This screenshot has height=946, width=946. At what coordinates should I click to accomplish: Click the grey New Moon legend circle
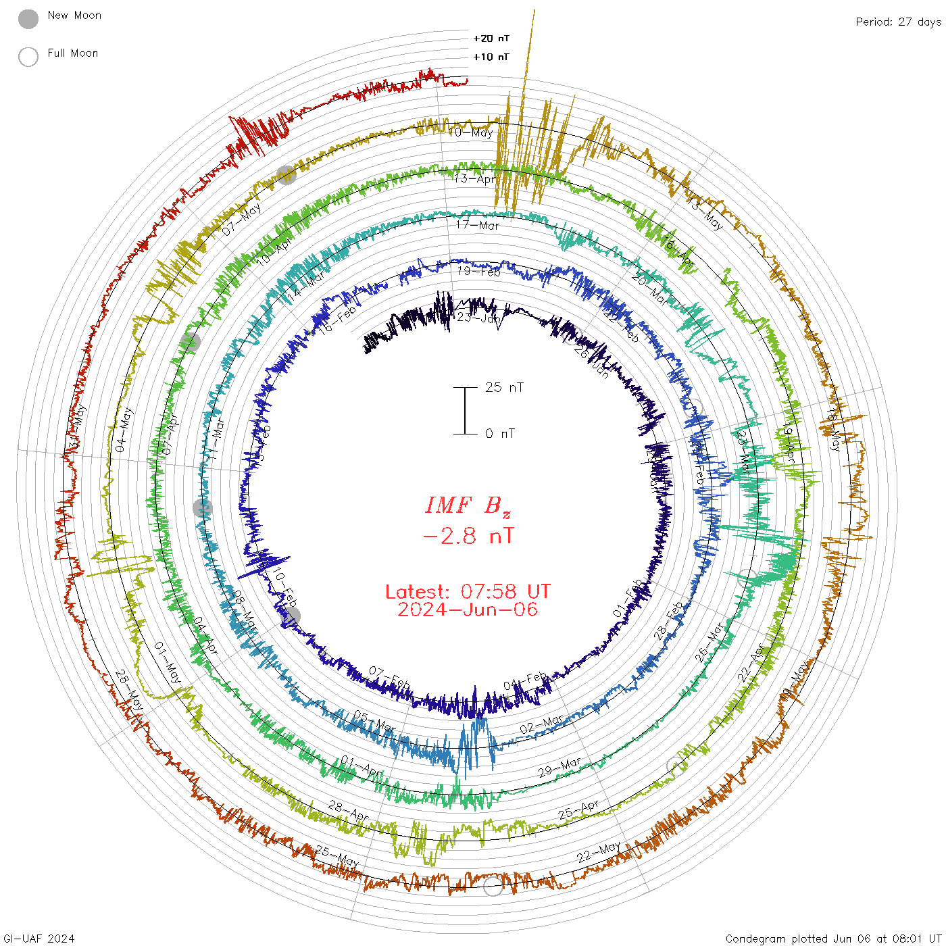(28, 20)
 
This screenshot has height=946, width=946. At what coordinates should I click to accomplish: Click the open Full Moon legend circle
(28, 57)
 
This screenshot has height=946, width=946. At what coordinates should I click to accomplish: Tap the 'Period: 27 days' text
(897, 22)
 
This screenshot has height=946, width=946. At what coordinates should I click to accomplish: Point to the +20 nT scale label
(491, 39)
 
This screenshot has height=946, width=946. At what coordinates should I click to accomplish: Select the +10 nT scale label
(491, 57)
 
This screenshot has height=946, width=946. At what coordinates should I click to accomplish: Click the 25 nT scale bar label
(504, 388)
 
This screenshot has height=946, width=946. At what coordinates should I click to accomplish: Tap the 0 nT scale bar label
(500, 434)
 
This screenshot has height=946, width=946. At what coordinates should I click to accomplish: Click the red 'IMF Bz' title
(468, 505)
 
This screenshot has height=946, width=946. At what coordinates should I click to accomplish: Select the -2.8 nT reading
(468, 537)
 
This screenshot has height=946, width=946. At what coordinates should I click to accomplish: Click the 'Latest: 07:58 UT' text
(468, 592)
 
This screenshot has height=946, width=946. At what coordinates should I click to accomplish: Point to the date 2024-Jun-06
(468, 609)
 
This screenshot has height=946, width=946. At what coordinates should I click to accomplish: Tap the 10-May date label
(471, 132)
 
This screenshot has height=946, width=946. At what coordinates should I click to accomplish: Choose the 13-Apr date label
(475, 179)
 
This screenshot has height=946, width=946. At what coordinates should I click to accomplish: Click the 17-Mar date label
(478, 225)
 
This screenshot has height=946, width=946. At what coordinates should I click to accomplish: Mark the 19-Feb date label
(479, 272)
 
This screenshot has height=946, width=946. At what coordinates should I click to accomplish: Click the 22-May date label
(599, 852)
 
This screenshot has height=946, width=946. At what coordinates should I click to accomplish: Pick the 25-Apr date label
(579, 810)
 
